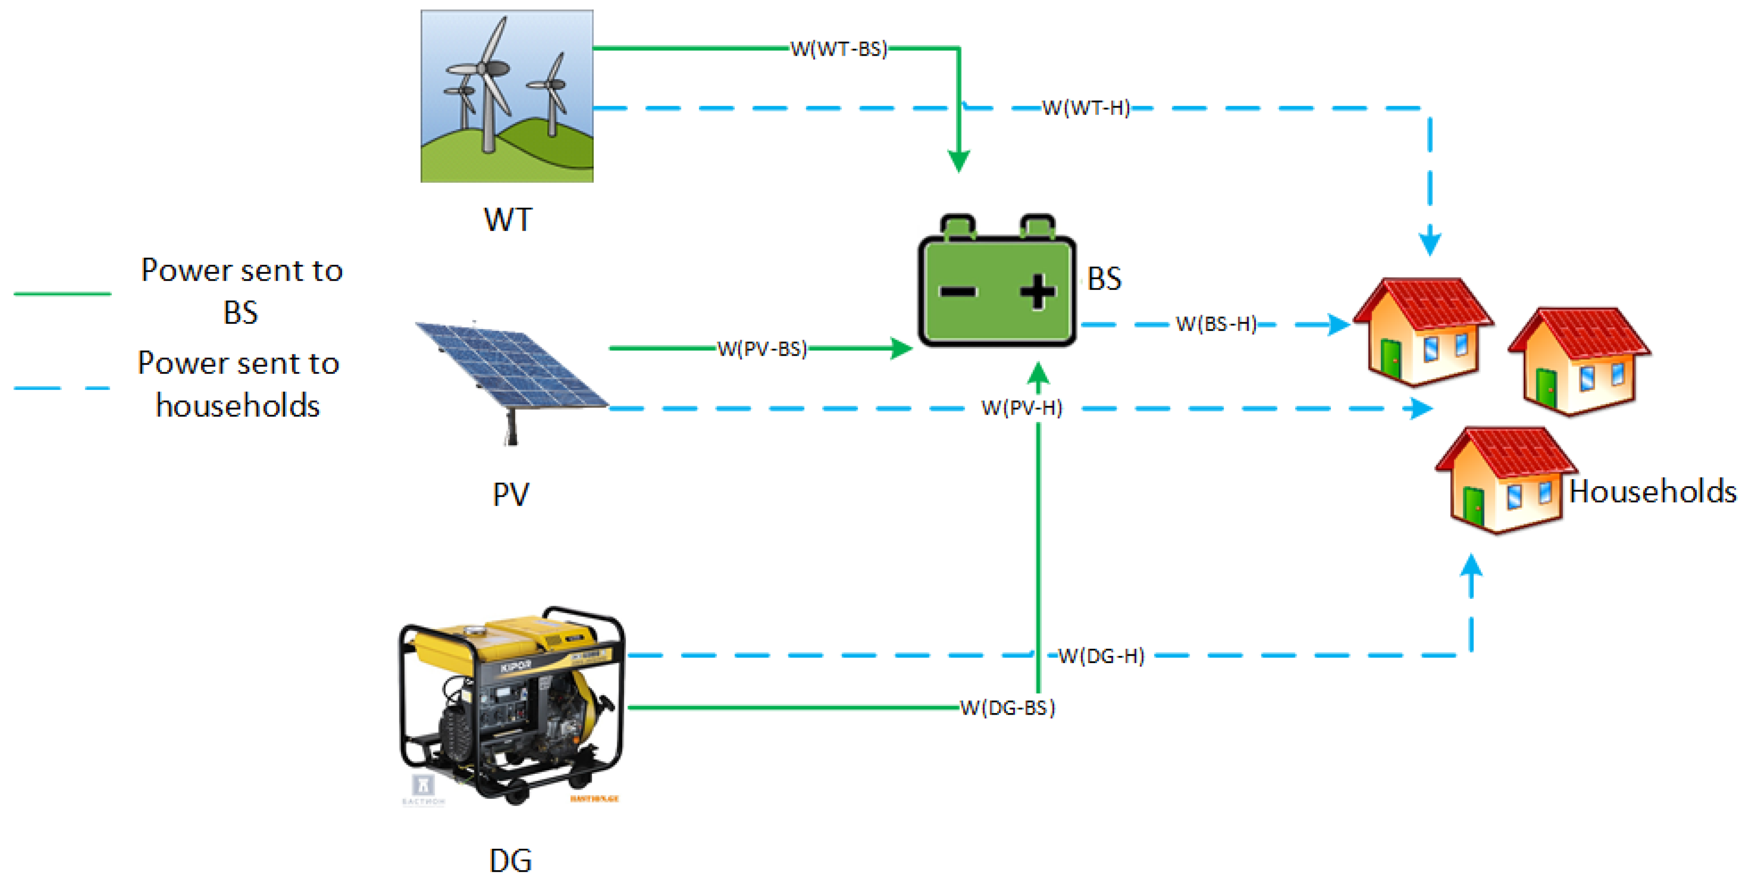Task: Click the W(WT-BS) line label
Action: tap(839, 49)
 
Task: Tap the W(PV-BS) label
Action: tap(762, 349)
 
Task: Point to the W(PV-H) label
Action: tap(1021, 408)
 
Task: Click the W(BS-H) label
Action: tap(1217, 324)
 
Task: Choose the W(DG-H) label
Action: tap(1101, 655)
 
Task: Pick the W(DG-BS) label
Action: tap(1008, 708)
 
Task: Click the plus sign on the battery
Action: tap(1037, 291)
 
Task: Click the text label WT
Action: tap(508, 219)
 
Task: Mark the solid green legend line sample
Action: tap(62, 293)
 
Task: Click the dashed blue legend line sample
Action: tap(62, 388)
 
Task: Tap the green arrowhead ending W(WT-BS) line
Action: tap(959, 161)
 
